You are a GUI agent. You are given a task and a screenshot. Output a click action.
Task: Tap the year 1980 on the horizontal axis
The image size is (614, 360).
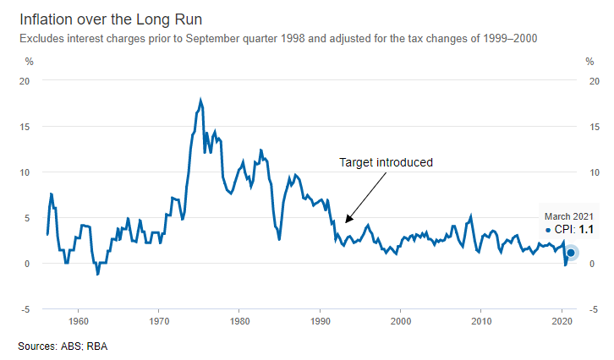coord(239,322)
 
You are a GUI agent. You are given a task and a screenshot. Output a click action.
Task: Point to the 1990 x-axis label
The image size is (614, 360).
coord(321,322)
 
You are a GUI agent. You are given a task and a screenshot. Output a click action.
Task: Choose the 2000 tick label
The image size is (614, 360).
coord(401,322)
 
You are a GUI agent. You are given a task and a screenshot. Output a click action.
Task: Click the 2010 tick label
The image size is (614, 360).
coord(482,322)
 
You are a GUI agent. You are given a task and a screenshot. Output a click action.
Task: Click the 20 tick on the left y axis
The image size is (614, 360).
coord(25,80)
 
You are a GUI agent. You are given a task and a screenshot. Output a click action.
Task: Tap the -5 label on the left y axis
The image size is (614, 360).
coord(26,308)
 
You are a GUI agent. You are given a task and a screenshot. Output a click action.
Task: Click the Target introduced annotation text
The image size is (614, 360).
coord(386,162)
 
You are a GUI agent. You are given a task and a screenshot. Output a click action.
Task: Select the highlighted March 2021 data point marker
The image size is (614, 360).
coord(571,253)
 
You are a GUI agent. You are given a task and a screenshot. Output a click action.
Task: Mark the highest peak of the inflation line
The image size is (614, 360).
coord(200,100)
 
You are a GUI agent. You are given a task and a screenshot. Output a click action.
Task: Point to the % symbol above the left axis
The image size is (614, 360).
coord(29,61)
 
